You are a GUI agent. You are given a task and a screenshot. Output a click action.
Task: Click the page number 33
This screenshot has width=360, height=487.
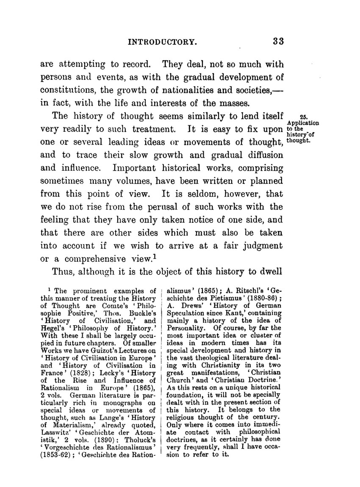278,41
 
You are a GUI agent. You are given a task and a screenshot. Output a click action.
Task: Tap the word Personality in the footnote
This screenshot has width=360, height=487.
186,328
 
